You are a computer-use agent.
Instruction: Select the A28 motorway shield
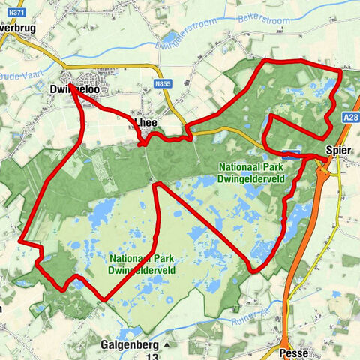(349, 117)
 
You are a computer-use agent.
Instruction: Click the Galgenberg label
(129, 345)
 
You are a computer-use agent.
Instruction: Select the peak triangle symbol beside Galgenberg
(167, 345)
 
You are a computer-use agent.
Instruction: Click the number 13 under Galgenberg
(152, 357)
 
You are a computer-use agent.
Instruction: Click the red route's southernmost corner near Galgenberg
(102, 299)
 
